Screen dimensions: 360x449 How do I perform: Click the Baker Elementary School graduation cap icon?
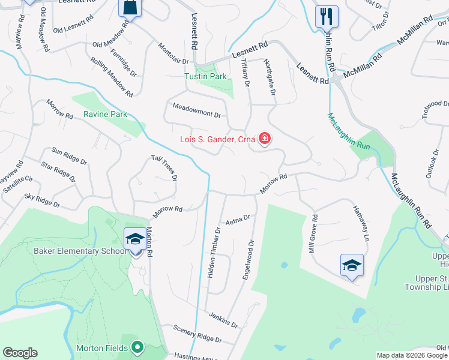click(134, 239)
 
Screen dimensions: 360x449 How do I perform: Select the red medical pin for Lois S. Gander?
click(264, 140)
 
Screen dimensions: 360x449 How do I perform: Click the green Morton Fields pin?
click(137, 347)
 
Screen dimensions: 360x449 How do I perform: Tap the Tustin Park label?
click(205, 76)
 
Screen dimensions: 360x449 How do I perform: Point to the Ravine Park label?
click(105, 114)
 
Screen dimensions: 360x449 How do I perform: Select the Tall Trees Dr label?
click(164, 169)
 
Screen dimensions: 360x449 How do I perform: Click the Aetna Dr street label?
click(237, 221)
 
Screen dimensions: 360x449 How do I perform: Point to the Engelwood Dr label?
click(248, 260)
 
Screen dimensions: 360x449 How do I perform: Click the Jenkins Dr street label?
click(223, 319)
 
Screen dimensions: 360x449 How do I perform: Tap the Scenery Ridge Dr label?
click(197, 334)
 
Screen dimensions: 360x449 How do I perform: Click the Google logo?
click(20, 353)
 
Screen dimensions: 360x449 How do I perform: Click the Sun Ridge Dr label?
click(69, 157)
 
